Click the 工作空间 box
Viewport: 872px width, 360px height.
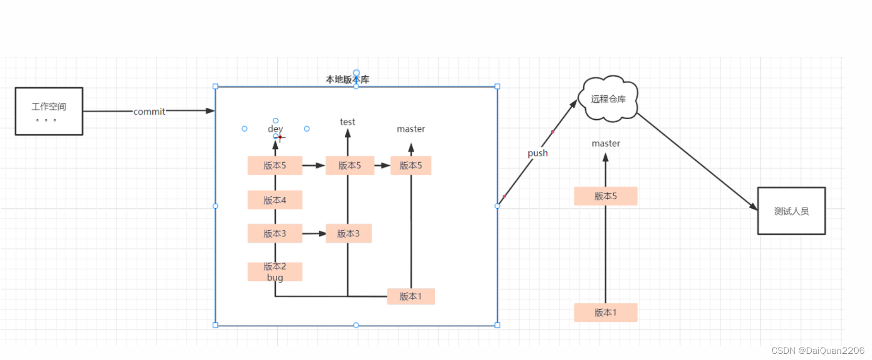pos(49,111)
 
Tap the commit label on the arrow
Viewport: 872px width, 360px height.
pos(149,112)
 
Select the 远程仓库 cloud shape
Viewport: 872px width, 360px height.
pos(608,99)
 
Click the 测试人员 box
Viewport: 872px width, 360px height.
pos(792,211)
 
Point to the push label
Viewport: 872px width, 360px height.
pos(538,153)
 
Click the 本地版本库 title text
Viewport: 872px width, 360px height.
pos(348,79)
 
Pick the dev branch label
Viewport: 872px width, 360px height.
pos(275,129)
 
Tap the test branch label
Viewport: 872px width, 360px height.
pos(348,122)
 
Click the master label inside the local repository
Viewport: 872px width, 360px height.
pos(411,129)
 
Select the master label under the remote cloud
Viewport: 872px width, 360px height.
pos(606,143)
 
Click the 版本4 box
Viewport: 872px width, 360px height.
pos(275,200)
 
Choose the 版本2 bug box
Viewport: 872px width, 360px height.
pos(275,272)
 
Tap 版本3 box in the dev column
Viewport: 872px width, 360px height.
pos(275,234)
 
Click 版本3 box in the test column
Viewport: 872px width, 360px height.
pos(349,234)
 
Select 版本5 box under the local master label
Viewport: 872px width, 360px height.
pos(411,166)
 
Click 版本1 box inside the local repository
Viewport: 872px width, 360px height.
pos(411,296)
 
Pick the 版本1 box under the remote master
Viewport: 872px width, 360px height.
pos(606,313)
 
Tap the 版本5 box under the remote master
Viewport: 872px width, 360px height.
pos(606,196)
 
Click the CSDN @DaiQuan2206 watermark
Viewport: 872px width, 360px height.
pos(818,351)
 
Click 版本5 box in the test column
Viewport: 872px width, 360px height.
pos(350,166)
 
